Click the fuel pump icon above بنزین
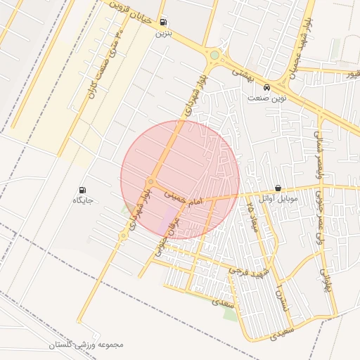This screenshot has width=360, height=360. click(164, 22)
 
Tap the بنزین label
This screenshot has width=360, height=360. click(163, 33)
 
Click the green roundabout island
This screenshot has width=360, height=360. click(214, 55)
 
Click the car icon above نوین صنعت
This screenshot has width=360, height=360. click(266, 88)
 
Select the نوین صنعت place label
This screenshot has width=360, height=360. click(266, 98)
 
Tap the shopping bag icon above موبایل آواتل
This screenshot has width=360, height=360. click(278, 188)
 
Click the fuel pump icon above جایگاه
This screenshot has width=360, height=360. click(83, 190)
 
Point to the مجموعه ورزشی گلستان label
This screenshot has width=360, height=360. click(86, 345)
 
